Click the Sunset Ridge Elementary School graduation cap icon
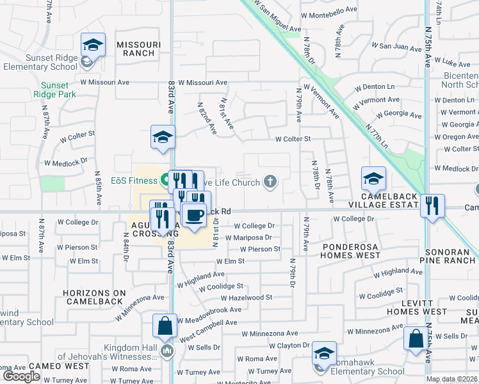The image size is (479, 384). point(93,45)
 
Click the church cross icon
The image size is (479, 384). point(270,182)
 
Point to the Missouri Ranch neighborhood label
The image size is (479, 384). point(135,49)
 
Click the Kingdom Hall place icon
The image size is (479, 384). point(168,350)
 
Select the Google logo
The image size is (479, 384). point(21,376)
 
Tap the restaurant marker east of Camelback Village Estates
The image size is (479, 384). point(434,205)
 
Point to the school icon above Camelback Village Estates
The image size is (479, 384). point(373,179)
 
